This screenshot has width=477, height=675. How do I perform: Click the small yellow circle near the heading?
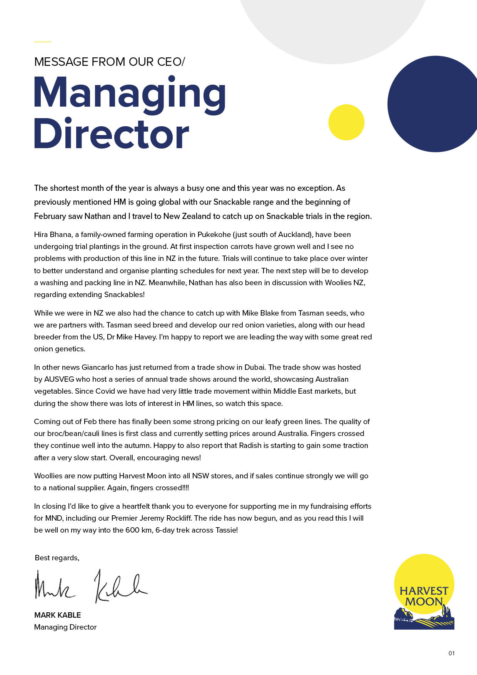[346, 122]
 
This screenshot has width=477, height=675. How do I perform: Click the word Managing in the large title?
[130, 94]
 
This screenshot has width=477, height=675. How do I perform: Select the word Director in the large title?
[112, 134]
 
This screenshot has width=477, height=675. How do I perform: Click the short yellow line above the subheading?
[42, 42]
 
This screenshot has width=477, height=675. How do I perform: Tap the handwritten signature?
[91, 586]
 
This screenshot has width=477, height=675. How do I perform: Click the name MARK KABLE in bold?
[57, 615]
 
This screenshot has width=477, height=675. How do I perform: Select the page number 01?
[451, 653]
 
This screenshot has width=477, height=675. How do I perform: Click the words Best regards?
[57, 558]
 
